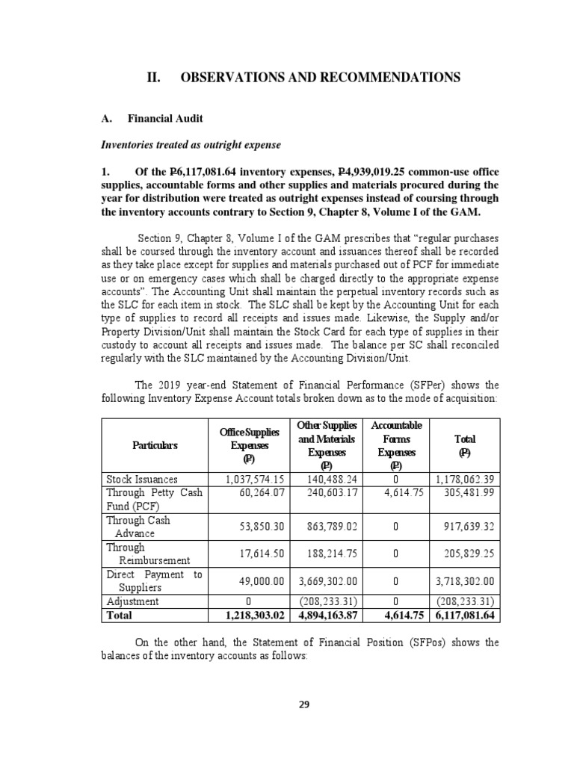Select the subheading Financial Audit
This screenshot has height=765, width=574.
click(164, 118)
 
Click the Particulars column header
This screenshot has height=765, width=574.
click(155, 445)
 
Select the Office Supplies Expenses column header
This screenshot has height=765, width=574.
click(250, 445)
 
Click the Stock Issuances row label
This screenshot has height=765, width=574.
click(143, 478)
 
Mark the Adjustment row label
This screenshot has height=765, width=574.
click(132, 601)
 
